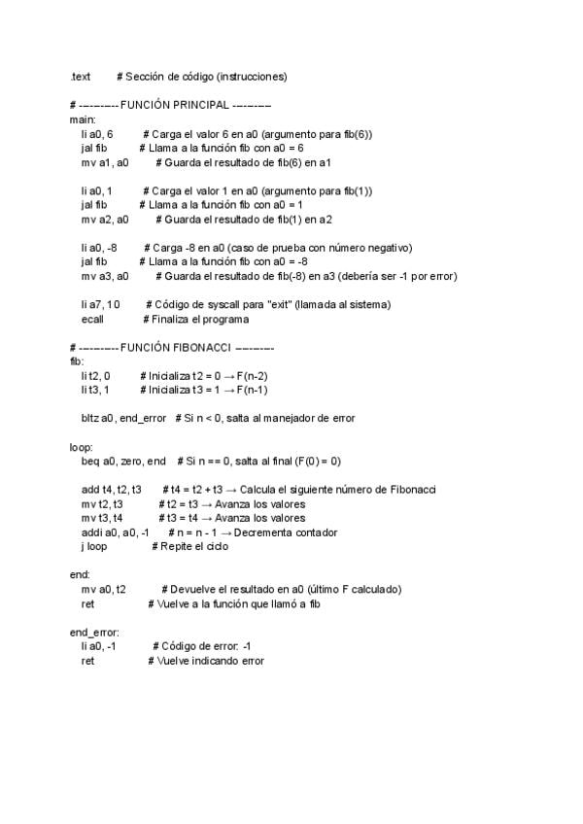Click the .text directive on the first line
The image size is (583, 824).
(81, 76)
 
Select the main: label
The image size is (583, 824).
(83, 119)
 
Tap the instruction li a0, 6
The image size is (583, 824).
(97, 134)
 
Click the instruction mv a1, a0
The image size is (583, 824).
(105, 162)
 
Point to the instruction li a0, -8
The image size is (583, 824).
(99, 247)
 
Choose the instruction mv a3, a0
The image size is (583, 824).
(105, 276)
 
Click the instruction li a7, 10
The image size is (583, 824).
(101, 304)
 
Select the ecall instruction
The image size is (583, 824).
(93, 319)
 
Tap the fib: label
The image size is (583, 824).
(78, 361)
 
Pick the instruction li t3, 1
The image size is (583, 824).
(95, 390)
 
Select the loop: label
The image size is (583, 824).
(81, 446)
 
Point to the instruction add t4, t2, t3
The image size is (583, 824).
(112, 489)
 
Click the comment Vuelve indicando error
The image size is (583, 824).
(206, 660)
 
